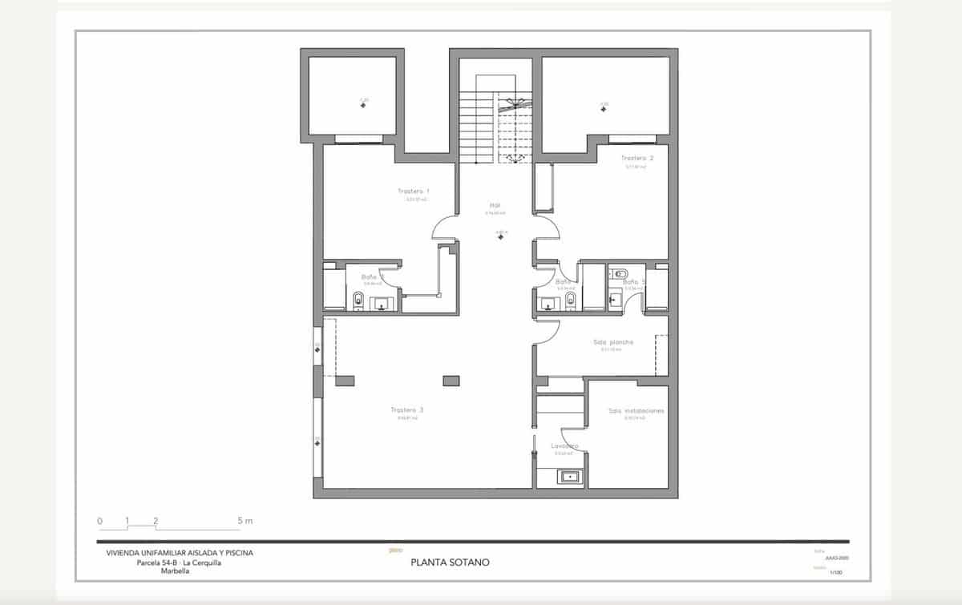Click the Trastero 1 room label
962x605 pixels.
pos(414,192)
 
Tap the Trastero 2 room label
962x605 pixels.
pos(637,159)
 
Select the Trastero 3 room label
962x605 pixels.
pos(406,409)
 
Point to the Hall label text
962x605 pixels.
pos(495,205)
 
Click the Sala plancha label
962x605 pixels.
pos(613,342)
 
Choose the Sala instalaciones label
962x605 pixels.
pos(636,411)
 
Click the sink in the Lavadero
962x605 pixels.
pos(570,478)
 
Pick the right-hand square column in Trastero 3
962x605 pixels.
pos(451,381)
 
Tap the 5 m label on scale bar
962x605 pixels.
pos(245,521)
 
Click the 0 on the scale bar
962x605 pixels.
pos(100,521)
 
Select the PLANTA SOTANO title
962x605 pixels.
pos(449,563)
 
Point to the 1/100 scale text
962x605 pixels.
pos(836,573)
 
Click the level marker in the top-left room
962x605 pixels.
pos(364,105)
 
